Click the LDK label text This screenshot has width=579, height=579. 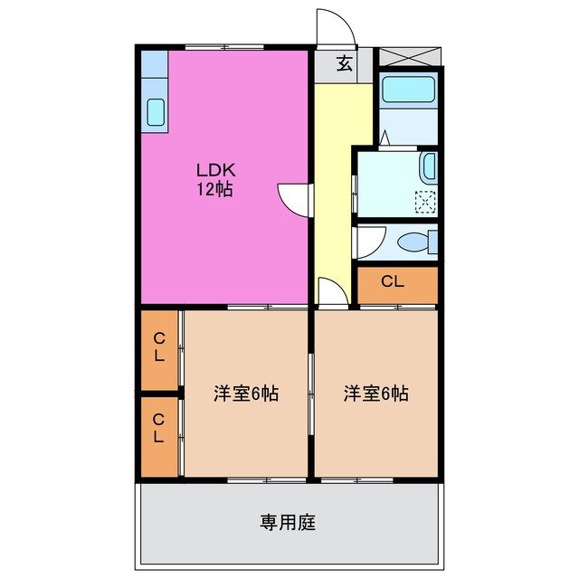point(215,170)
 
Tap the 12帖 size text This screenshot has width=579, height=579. point(214,190)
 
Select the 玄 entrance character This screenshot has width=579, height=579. point(344,63)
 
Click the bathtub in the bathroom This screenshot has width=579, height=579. point(408,89)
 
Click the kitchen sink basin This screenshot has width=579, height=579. point(156,112)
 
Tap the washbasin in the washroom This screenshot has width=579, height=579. point(429,166)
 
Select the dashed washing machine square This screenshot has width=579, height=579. point(425,202)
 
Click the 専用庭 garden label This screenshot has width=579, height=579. point(288,522)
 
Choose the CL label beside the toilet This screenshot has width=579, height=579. point(393,281)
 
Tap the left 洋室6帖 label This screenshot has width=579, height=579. point(246,394)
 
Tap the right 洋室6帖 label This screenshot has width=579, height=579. point(376,394)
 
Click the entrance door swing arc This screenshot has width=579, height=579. point(344,19)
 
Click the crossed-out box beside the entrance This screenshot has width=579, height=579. point(410,56)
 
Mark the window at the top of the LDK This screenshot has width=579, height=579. point(224,47)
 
